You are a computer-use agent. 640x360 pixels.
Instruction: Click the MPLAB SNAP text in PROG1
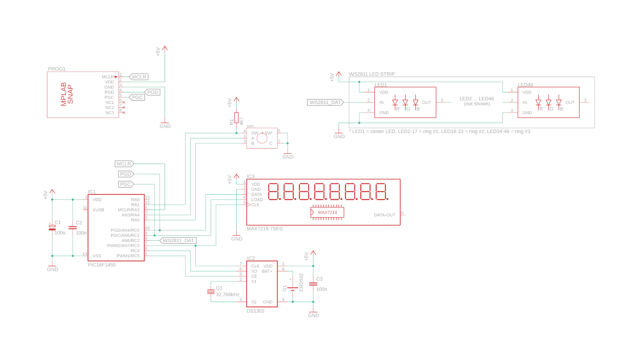67,94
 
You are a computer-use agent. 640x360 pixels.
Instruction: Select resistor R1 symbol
236,118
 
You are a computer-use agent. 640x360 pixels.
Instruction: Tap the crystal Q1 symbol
211,292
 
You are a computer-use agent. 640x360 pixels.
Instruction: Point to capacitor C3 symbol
313,284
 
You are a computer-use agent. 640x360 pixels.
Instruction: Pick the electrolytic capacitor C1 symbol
52,228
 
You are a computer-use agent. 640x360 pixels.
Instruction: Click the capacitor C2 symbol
73,228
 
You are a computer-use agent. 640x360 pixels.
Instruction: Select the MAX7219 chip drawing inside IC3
327,212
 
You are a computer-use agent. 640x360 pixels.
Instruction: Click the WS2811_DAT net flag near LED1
325,102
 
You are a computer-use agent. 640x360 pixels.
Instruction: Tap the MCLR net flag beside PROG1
139,77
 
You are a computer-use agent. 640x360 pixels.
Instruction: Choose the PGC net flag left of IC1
126,184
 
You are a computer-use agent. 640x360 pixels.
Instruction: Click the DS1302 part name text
255,311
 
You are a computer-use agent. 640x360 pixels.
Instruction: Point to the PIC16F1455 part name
102,265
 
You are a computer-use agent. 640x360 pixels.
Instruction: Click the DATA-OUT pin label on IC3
384,215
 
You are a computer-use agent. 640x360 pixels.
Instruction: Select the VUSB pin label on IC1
98,210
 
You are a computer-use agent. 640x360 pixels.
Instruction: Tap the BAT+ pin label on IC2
267,271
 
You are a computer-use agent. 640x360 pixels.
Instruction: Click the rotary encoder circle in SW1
262,138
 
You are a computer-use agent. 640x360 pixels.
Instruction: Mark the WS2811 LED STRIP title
372,74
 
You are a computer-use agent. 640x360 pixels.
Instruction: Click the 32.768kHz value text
228,295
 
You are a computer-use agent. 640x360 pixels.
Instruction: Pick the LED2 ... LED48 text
477,99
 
